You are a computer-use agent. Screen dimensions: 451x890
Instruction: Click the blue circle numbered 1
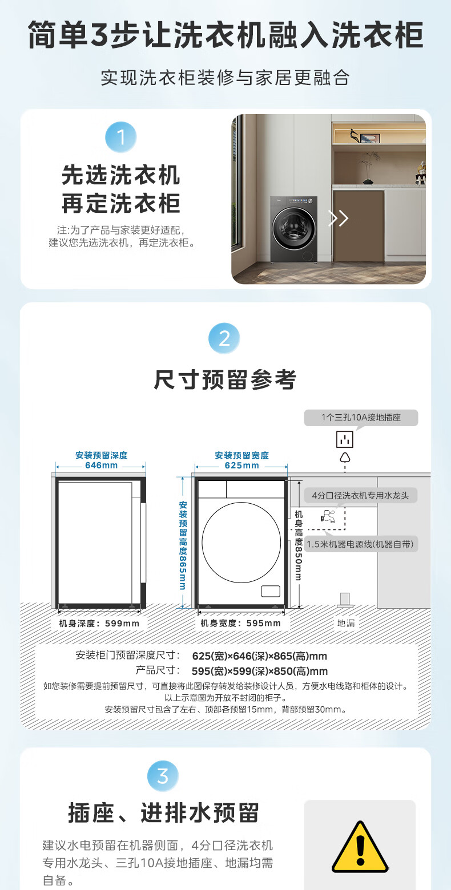pyautogui.click(x=121, y=137)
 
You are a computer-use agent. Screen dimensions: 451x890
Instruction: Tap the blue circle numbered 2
pyautogui.click(x=224, y=338)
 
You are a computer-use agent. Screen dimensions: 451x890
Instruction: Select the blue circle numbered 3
pyautogui.click(x=163, y=776)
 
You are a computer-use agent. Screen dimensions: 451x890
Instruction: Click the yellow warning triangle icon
pyautogui.click(x=360, y=847)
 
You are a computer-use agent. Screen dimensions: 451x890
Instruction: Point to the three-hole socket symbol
pyautogui.click(x=344, y=439)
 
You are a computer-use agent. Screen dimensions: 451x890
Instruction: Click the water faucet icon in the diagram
pyautogui.click(x=328, y=516)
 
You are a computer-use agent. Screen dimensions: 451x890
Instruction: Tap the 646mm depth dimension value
pyautogui.click(x=102, y=466)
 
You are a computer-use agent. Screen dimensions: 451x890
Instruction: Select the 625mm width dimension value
pyautogui.click(x=241, y=466)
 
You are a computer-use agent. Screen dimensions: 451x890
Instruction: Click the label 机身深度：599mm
pyautogui.click(x=99, y=624)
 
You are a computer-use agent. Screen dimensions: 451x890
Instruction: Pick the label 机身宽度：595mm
pyautogui.click(x=240, y=623)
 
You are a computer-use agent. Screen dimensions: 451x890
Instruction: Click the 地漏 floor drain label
pyautogui.click(x=346, y=623)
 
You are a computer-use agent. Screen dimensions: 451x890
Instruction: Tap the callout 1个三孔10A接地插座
pyautogui.click(x=361, y=418)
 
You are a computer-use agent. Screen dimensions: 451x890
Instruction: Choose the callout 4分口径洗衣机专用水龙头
pyautogui.click(x=360, y=495)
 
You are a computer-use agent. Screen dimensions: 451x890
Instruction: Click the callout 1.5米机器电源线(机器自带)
pyautogui.click(x=360, y=544)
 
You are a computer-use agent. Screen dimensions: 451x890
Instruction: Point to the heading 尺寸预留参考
pyautogui.click(x=225, y=380)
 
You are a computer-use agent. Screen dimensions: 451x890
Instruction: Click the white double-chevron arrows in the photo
pyautogui.click(x=338, y=218)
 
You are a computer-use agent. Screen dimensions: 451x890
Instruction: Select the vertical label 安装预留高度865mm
pyautogui.click(x=183, y=545)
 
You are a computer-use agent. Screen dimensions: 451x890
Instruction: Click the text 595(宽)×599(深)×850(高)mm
pyautogui.click(x=260, y=671)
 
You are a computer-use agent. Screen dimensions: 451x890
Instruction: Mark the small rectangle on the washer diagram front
pyautogui.click(x=271, y=591)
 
